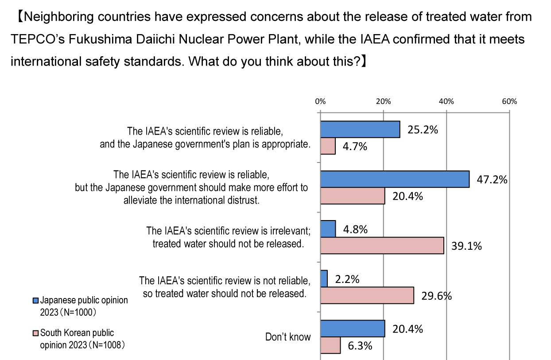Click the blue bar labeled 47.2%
[394, 179]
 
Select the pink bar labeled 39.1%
[381, 245]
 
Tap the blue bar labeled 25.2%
[360, 129]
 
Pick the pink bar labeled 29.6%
[366, 295]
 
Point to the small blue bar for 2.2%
[323, 279]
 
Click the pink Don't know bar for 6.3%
[330, 345]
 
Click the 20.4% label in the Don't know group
[407, 329]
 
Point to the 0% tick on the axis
[320, 101]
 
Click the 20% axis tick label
[383, 101]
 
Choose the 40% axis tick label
[446, 101]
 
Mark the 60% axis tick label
[509, 101]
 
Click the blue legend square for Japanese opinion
[36, 301]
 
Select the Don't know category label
[288, 337]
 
